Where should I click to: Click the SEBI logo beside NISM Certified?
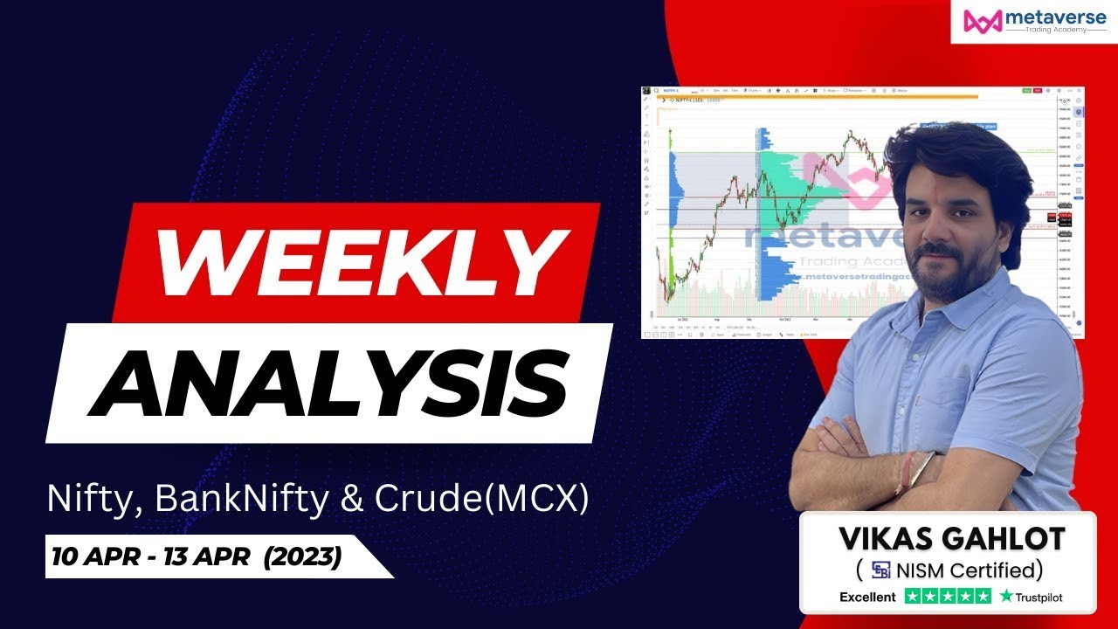tap(880, 571)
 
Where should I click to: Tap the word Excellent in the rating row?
tap(867, 598)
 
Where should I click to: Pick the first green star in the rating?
tap(914, 598)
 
